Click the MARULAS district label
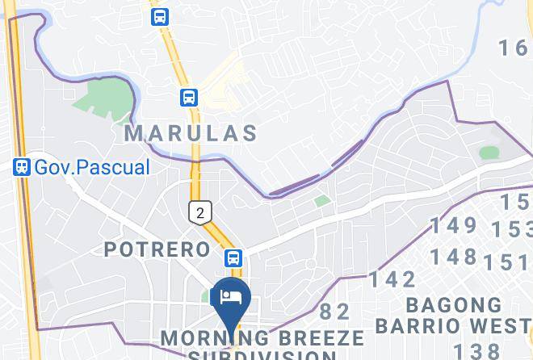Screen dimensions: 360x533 (x=191, y=133)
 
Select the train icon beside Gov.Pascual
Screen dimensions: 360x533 (x=22, y=168)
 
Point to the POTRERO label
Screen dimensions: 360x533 (x=157, y=249)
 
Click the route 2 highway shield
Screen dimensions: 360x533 (x=200, y=211)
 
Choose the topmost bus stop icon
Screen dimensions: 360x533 (x=160, y=15)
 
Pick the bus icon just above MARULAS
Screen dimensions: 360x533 (x=189, y=98)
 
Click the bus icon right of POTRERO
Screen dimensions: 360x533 (x=233, y=257)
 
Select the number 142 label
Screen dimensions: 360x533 (x=393, y=280)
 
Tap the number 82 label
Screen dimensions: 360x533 (x=335, y=311)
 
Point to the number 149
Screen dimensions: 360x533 (x=453, y=224)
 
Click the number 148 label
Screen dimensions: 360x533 (x=453, y=257)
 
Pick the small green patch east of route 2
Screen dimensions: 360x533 (x=322, y=200)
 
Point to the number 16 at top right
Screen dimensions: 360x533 (x=512, y=48)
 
